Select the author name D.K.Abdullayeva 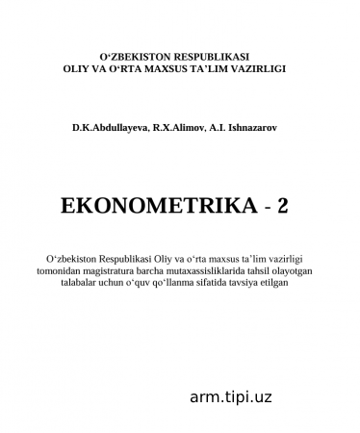[107, 126]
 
